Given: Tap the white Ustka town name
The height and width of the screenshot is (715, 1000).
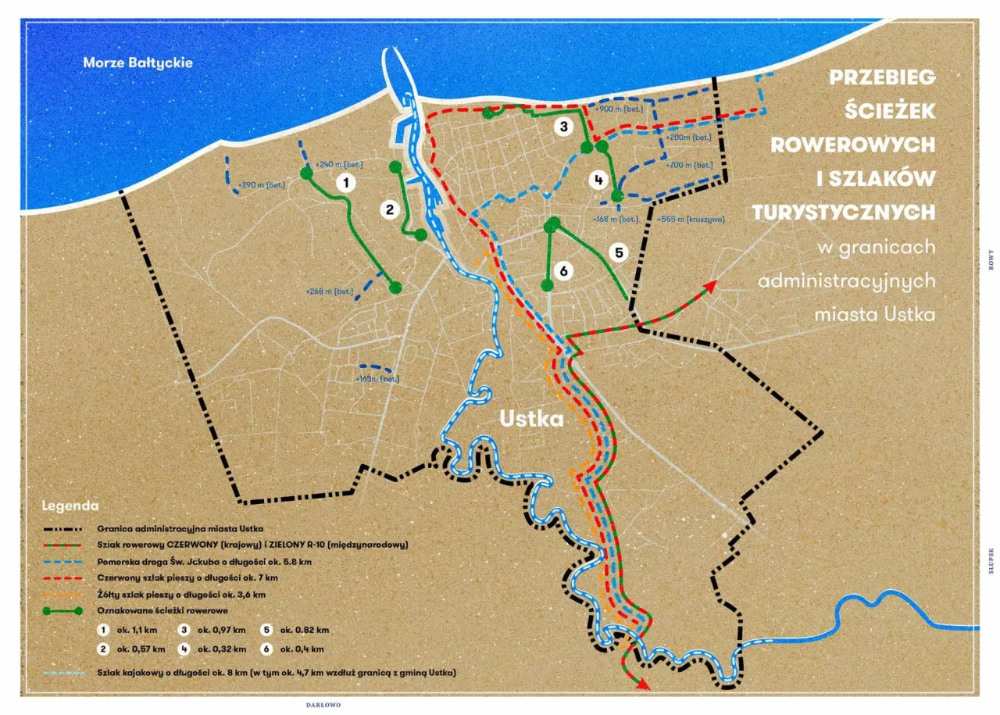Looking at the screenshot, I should pyautogui.click(x=532, y=419).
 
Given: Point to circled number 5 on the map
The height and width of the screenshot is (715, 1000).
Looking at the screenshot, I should pyautogui.click(x=618, y=252).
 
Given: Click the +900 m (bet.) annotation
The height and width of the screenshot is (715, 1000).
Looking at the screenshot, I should pyautogui.click(x=618, y=109).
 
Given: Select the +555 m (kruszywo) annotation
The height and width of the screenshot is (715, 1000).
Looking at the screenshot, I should pyautogui.click(x=691, y=219).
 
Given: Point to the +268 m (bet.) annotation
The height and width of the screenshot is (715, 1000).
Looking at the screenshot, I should pyautogui.click(x=330, y=291).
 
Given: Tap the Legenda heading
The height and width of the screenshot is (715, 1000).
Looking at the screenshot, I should pyautogui.click(x=70, y=505).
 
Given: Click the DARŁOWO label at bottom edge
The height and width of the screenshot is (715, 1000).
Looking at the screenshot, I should pyautogui.click(x=323, y=705).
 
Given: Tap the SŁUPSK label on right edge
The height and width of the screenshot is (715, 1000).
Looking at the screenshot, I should pyautogui.click(x=991, y=560).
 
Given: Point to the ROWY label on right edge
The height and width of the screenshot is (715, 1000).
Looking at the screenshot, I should pyautogui.click(x=991, y=259).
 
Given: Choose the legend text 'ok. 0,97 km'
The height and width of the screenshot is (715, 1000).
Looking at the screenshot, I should pyautogui.click(x=223, y=630).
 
